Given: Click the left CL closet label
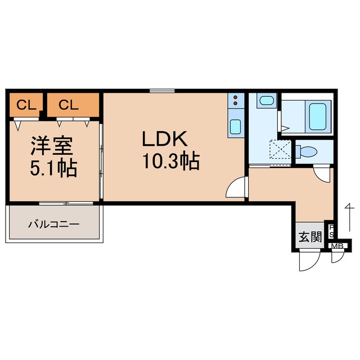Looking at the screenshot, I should pyautogui.click(x=26, y=104).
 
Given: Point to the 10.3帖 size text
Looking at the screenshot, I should pyautogui.click(x=169, y=162).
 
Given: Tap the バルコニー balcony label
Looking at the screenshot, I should pyautogui.click(x=55, y=224).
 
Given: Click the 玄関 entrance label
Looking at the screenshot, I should pyautogui.click(x=309, y=237).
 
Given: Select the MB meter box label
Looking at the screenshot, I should pyautogui.click(x=337, y=246).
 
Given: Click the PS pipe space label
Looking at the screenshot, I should pyautogui.click(x=332, y=231).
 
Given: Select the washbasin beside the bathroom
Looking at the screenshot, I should pyautogui.click(x=265, y=101).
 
